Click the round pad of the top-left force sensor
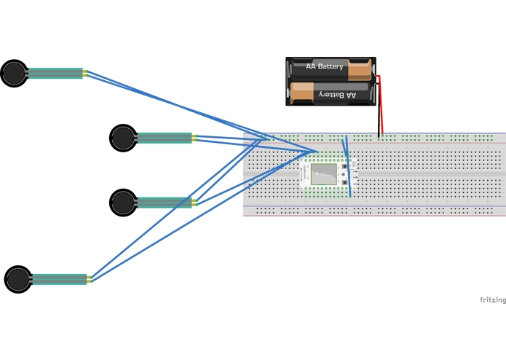[x=15, y=74]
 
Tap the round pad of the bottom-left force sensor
[x=18, y=279]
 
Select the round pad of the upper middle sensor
[x=123, y=138]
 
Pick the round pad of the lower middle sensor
[x=123, y=203]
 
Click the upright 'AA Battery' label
[x=324, y=66]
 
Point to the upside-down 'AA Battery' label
[x=338, y=95]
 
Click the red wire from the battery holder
[x=380, y=104]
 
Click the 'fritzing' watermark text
[x=493, y=300]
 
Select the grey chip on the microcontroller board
[x=324, y=174]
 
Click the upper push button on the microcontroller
[x=344, y=166]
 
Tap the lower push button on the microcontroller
[x=344, y=182]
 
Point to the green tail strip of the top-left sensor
[x=55, y=74]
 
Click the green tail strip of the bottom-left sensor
[x=60, y=279]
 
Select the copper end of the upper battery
[x=360, y=69]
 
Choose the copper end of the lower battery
[x=302, y=93]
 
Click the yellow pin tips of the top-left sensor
[x=85, y=74]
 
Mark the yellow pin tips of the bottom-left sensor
[x=90, y=279]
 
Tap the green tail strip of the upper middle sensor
[x=165, y=138]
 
